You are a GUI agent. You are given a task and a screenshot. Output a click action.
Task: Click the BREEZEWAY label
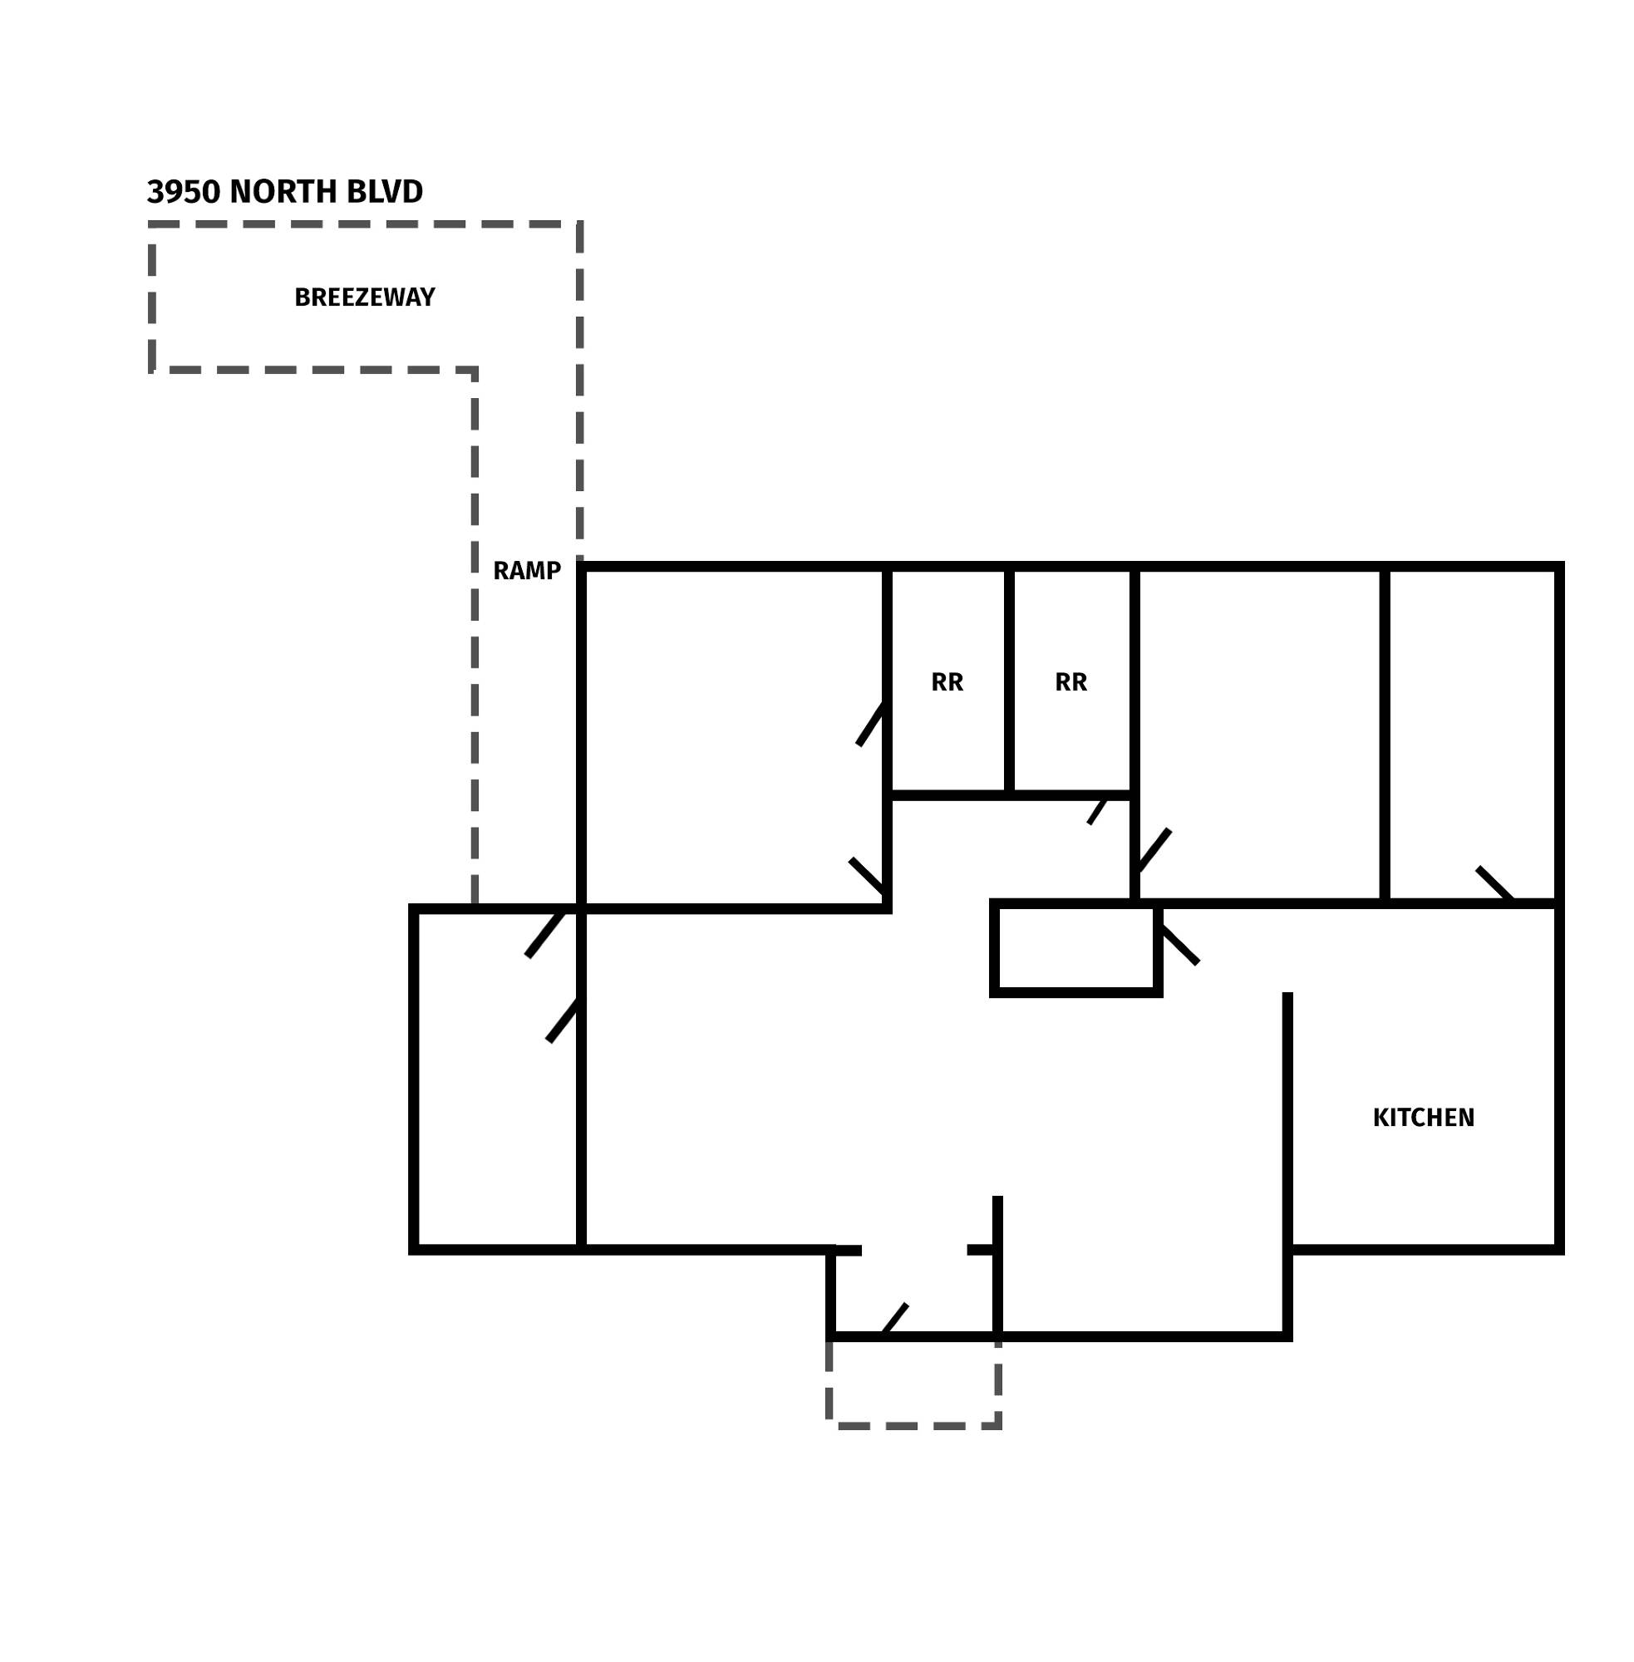pyautogui.click(x=365, y=297)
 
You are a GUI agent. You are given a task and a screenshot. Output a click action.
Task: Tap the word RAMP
pyautogui.click(x=527, y=572)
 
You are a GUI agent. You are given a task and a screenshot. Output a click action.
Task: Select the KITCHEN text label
pyautogui.click(x=1424, y=1118)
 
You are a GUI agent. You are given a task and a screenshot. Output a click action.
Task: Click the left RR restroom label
pyautogui.click(x=947, y=682)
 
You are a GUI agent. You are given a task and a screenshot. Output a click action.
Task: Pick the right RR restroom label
pyautogui.click(x=1071, y=682)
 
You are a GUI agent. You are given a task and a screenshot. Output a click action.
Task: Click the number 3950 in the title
pyautogui.click(x=184, y=192)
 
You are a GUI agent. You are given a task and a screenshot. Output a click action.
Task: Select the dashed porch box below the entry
pyautogui.click(x=914, y=1426)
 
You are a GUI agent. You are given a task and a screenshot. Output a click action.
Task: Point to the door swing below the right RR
pyautogui.click(x=1098, y=811)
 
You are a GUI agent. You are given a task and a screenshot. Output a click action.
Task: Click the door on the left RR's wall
pyautogui.click(x=870, y=724)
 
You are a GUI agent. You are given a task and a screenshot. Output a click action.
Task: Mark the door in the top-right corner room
pyautogui.click(x=1495, y=885)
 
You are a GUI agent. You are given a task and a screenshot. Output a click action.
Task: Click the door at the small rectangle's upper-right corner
pyautogui.click(x=1179, y=945)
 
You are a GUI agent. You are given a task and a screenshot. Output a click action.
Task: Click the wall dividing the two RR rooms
pyautogui.click(x=1009, y=681)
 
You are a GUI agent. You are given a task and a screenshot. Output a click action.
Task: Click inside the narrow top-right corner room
pyautogui.click(x=1472, y=735)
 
